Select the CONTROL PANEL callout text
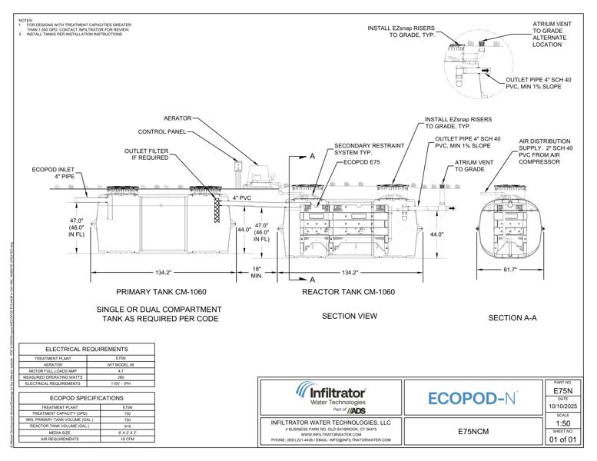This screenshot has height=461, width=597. point(162,131)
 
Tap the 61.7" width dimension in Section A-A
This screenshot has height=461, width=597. point(510,270)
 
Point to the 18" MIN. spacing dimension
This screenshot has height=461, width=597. point(257,272)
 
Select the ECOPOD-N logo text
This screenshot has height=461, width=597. point(471,398)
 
